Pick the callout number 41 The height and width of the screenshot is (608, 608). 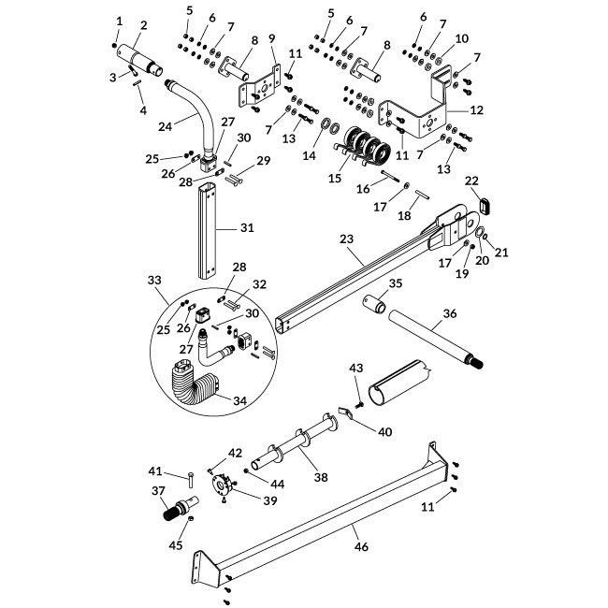156,470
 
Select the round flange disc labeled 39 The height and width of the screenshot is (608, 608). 223,487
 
